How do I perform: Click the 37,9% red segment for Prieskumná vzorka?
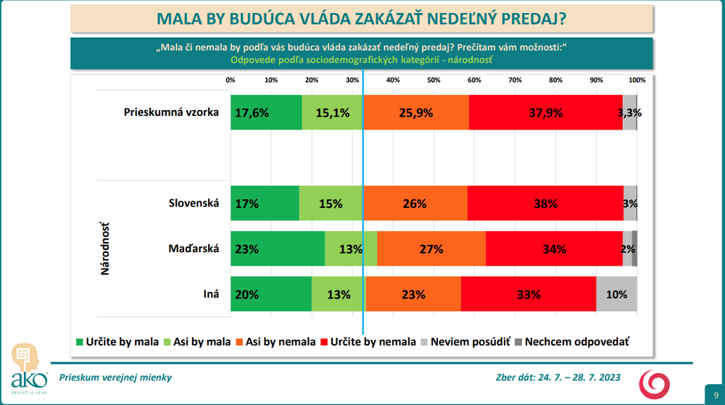point(545,112)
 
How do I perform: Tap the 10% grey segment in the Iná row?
point(616,294)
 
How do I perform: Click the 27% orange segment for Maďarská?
point(431,249)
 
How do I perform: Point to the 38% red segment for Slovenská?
point(545,204)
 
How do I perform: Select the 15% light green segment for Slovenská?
point(331,204)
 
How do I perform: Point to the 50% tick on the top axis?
point(434,80)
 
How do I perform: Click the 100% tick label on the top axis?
point(637,80)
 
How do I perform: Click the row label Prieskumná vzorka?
point(171,112)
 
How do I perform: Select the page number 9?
point(708,388)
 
